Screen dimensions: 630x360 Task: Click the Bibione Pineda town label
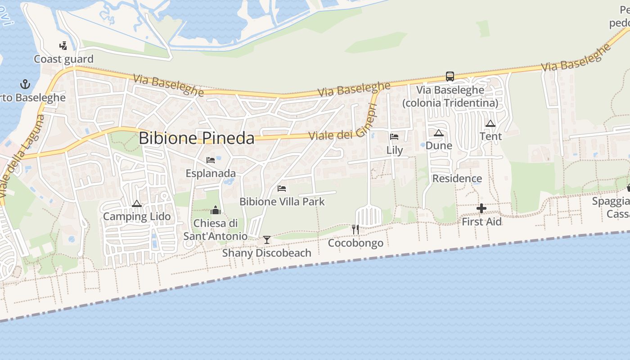(197, 138)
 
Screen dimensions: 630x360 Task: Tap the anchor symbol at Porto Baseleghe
(25, 84)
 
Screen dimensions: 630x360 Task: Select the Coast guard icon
(63, 45)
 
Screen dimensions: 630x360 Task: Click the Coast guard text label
(64, 59)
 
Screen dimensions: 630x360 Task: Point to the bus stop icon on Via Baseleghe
(450, 76)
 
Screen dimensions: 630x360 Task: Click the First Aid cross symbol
(481, 208)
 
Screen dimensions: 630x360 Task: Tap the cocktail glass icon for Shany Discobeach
(267, 239)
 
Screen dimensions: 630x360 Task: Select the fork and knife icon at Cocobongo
(355, 229)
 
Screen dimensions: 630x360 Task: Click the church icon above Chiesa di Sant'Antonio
(216, 210)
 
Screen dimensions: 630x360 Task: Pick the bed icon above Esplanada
(210, 160)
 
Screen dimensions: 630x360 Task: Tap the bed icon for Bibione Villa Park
(282, 188)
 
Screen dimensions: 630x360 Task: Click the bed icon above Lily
(394, 136)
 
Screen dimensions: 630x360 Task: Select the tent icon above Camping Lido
(137, 203)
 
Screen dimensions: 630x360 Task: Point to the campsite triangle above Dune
(439, 133)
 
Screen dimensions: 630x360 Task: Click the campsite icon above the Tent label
(490, 123)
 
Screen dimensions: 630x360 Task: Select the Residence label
(457, 179)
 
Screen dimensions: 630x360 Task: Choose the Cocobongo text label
(355, 243)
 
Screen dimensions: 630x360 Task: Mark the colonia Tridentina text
(450, 103)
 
